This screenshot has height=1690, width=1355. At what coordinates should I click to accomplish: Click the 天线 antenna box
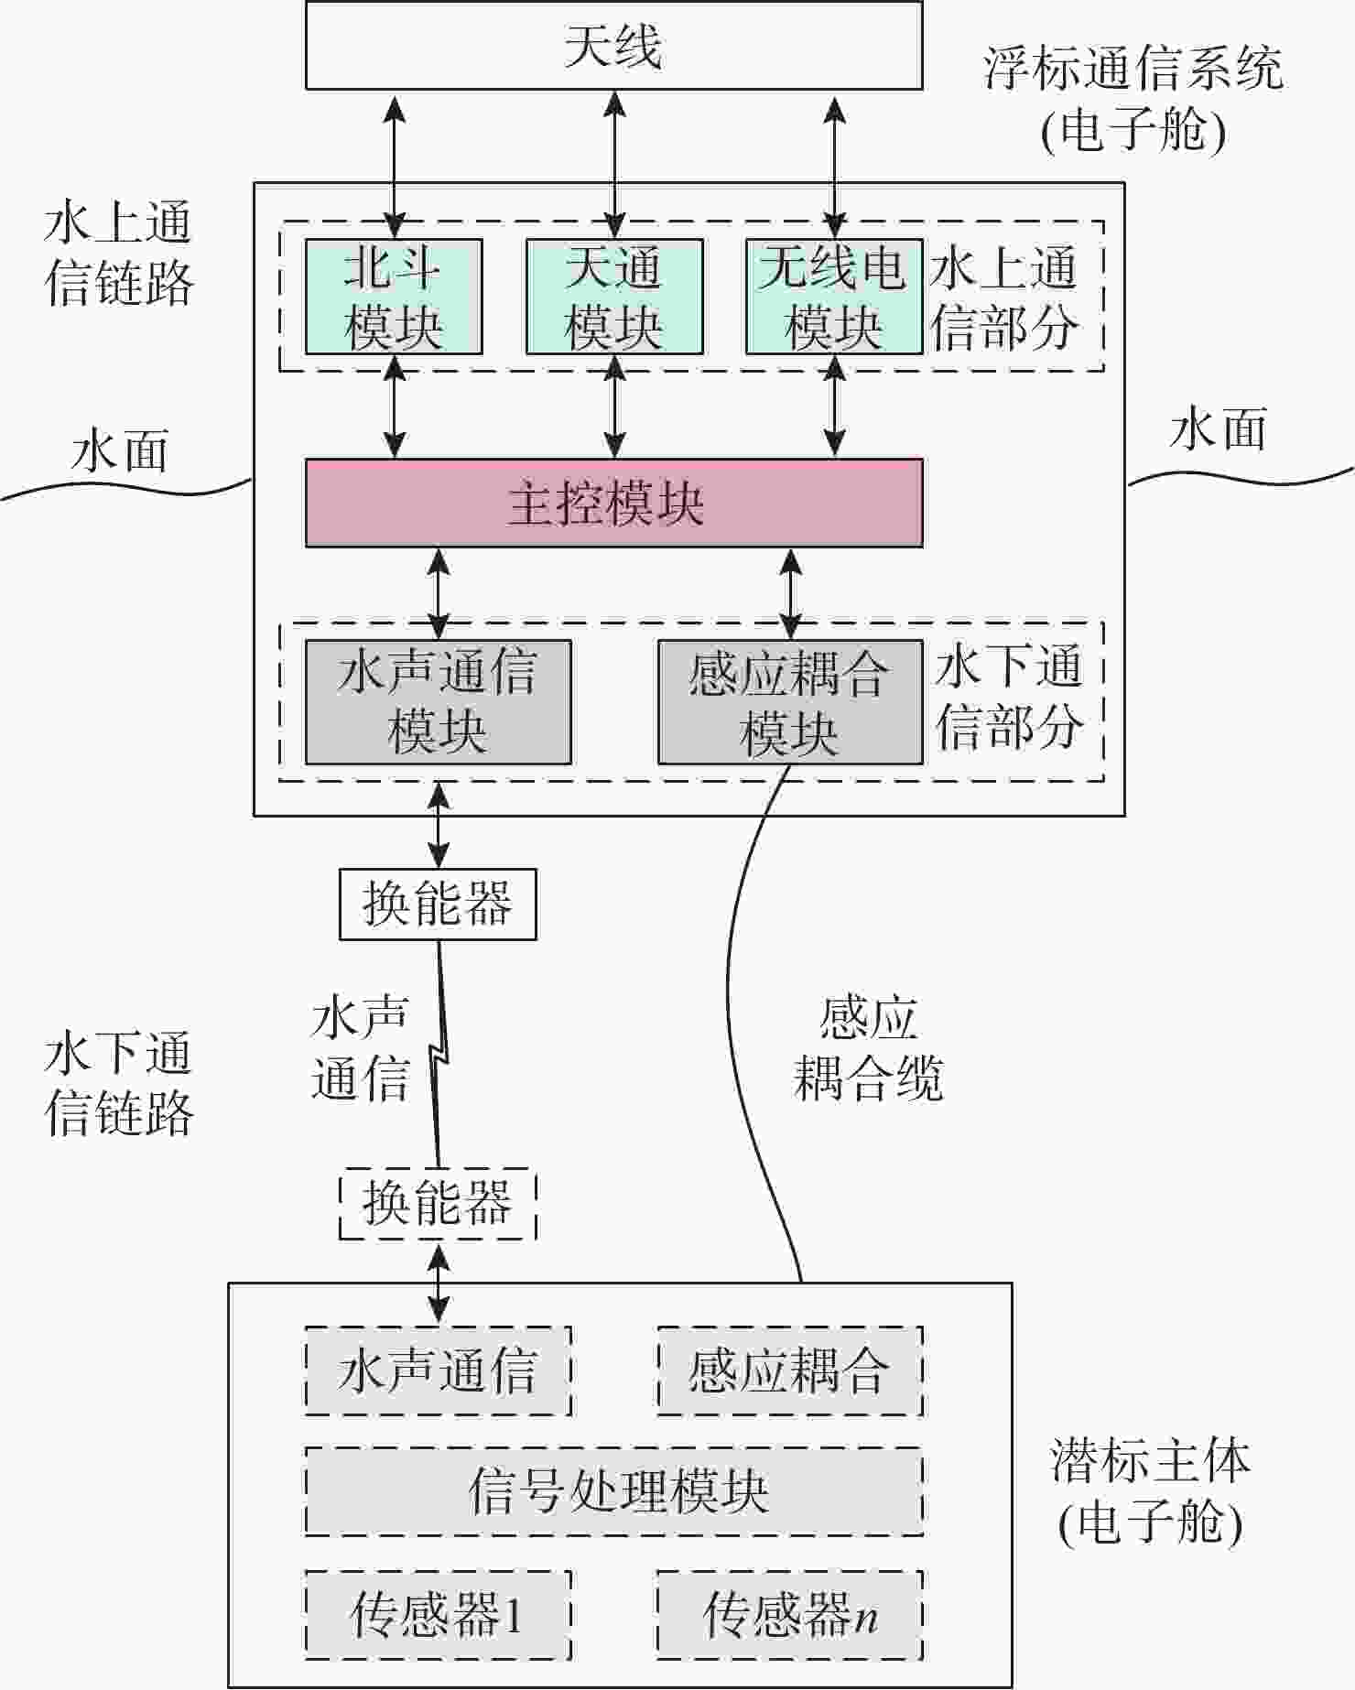coord(613,46)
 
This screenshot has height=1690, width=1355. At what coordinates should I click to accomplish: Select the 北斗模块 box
coord(394,297)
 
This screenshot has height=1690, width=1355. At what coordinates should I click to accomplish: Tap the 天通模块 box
coord(614,297)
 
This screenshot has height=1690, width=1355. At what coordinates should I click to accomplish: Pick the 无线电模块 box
coord(833,297)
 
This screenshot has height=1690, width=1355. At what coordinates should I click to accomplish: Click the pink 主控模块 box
coord(613,504)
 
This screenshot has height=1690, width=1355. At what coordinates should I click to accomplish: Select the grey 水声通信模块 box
coord(438,702)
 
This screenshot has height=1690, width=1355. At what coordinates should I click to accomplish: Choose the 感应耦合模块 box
coord(790,702)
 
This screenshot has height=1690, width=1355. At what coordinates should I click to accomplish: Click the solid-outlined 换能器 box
coord(438,905)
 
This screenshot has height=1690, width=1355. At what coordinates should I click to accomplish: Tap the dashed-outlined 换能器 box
coord(438,1204)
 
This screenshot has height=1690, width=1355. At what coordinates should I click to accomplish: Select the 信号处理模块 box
coord(613,1491)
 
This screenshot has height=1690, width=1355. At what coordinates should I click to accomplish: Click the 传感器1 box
coord(438,1615)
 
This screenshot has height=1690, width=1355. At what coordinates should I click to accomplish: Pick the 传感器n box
coord(790,1615)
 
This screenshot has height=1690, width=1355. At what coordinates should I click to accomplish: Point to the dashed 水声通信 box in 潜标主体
coord(438,1370)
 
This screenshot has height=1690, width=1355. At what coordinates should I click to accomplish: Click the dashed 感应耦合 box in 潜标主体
coord(790,1370)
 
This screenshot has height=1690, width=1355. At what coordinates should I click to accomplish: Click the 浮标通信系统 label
coord(1133,69)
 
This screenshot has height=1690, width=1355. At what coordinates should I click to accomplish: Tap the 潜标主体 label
coord(1150,1461)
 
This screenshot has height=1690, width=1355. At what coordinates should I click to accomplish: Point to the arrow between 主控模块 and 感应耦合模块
coord(790,593)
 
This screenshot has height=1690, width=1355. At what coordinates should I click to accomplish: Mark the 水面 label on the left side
coord(119,452)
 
